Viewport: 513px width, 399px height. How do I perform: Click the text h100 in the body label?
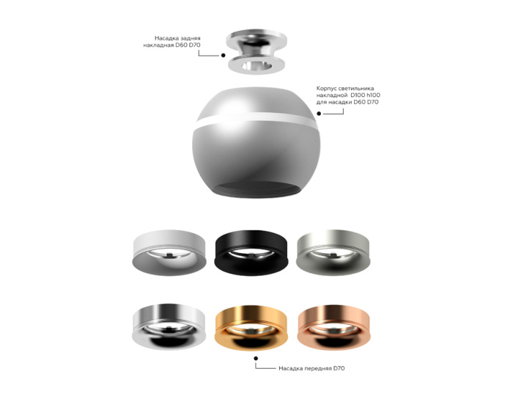(x=375, y=95)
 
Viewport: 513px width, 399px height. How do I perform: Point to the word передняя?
(x=316, y=367)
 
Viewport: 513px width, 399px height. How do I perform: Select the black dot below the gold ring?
(x=256, y=359)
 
